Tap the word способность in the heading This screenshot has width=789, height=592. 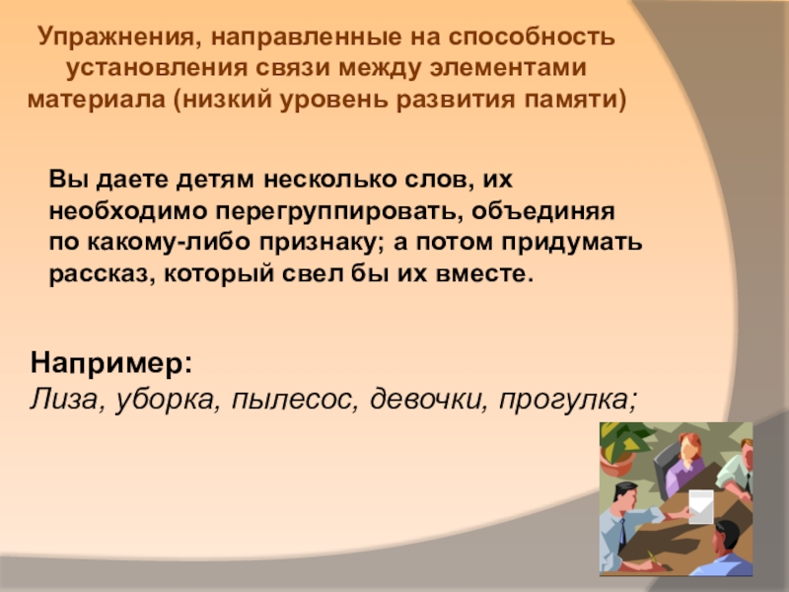coord(532,37)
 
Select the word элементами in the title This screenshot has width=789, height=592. coord(508,68)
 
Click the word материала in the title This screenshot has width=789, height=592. coord(96,100)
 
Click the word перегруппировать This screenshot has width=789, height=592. coord(339,212)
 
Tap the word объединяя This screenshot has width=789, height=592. coord(543,211)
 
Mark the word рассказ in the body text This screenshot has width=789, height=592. coord(103,274)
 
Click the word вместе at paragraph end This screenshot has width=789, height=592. coord(484,274)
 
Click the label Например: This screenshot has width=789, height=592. coord(111,362)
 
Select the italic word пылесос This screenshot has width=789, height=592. coord(295,400)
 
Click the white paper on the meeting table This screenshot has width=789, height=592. coord(701,506)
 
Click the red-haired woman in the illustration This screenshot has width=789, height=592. coord(686,464)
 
